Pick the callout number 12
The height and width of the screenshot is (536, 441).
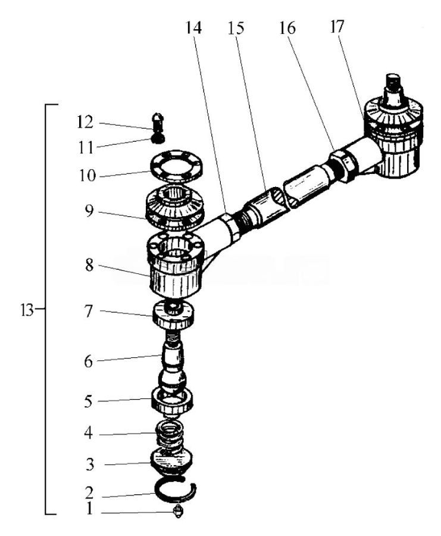[85, 122]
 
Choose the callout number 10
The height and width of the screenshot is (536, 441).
[85, 176]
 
